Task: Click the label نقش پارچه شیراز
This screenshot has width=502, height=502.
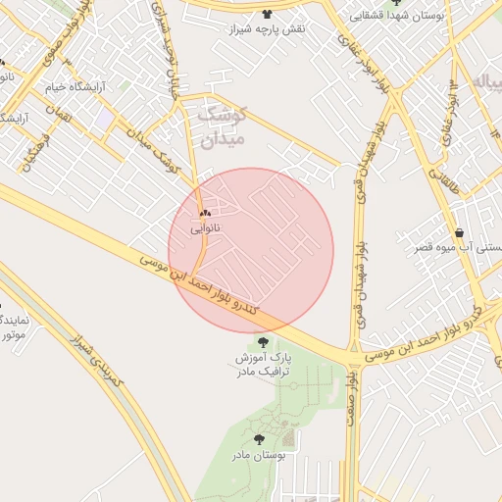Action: pos(268,29)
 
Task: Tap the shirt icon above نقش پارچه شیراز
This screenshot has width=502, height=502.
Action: pos(268,14)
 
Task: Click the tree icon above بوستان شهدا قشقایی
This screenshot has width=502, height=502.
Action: pos(396,3)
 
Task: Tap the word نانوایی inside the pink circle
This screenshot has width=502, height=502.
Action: pos(206,227)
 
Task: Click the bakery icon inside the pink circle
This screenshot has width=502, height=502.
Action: pos(205,213)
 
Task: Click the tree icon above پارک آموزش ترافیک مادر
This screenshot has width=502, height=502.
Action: pos(263,341)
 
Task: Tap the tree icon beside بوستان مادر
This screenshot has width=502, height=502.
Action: pos(260,440)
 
